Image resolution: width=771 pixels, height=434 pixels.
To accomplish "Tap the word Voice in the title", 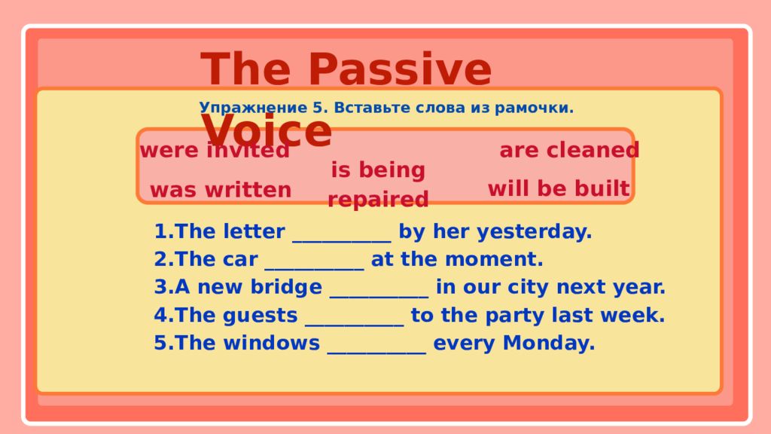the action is coord(266,130).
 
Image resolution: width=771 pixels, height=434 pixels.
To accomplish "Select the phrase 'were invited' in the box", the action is coord(215,150).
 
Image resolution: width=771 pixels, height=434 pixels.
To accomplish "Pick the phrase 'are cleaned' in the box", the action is coord(569,150).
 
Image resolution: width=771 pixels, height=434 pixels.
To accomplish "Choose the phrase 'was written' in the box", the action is coord(221,190).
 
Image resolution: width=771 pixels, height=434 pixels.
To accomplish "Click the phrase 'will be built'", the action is coord(559,188).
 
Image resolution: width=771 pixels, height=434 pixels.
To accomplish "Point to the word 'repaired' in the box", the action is coord(378,200).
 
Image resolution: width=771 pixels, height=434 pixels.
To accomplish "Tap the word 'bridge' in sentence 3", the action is coord(286,287).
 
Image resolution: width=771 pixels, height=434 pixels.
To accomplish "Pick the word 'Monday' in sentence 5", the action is coord(549,344).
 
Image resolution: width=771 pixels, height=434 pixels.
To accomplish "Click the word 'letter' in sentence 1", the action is coord(254,231).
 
